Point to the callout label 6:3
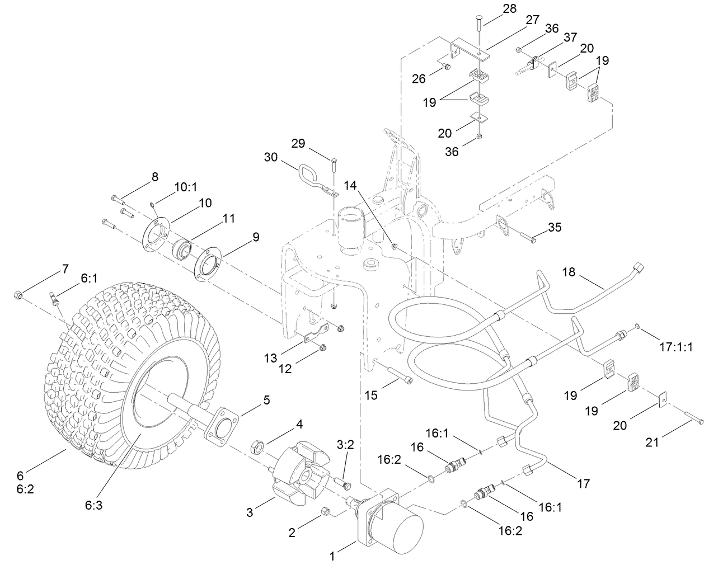[93, 505]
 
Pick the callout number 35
[555, 227]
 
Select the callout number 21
[652, 442]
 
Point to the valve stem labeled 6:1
[54, 299]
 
